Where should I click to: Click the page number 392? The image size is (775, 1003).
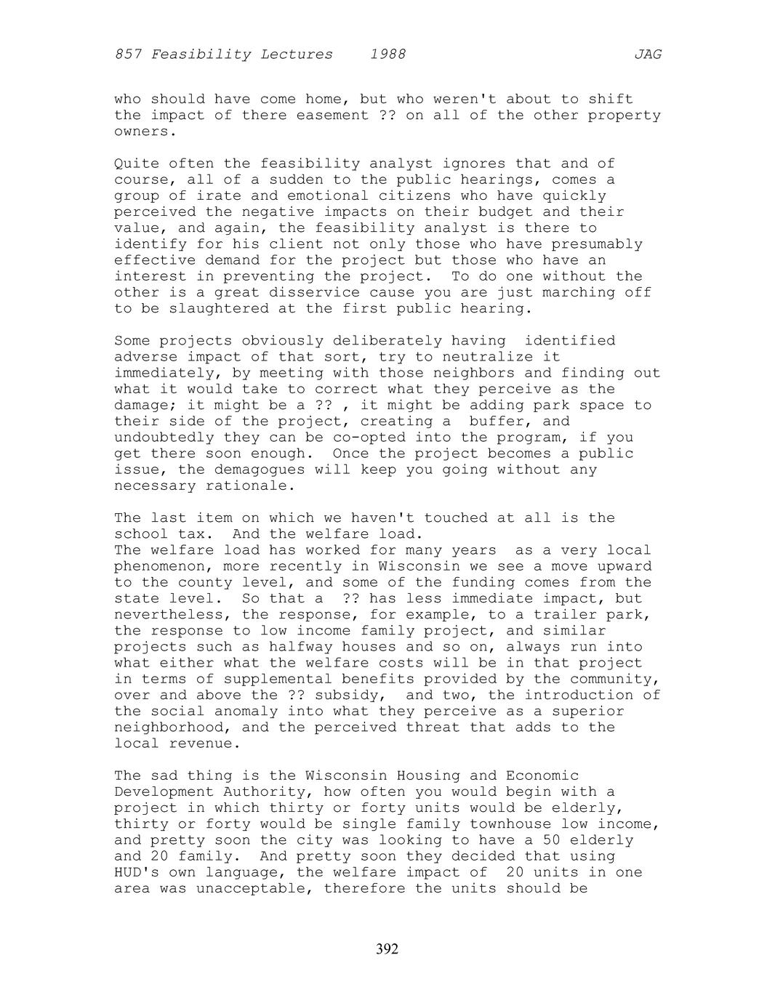point(387,949)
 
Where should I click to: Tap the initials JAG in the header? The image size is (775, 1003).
point(647,55)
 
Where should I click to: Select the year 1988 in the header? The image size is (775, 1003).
point(387,55)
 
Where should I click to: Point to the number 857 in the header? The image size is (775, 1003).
point(128,55)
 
